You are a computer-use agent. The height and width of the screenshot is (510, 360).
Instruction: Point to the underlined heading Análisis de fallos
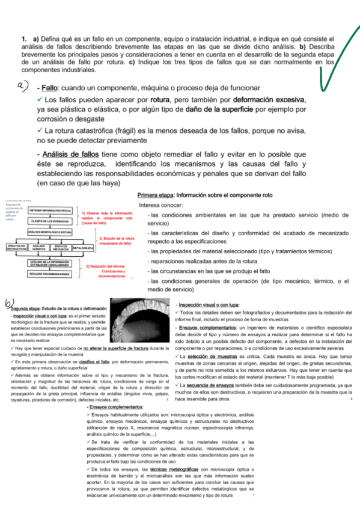pos(73,154)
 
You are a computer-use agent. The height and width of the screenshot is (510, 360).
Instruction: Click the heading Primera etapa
pos(154,195)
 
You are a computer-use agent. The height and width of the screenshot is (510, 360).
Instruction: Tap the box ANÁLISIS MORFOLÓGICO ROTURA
pos(50,232)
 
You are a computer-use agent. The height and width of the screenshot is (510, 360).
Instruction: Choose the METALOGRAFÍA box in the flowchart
pos(83,248)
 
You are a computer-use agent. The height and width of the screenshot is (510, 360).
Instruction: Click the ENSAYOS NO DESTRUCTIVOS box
pos(16,248)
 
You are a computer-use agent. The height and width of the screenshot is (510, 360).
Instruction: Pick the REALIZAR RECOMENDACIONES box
pos(50,274)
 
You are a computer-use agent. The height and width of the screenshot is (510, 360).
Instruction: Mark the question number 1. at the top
pos(24,39)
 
